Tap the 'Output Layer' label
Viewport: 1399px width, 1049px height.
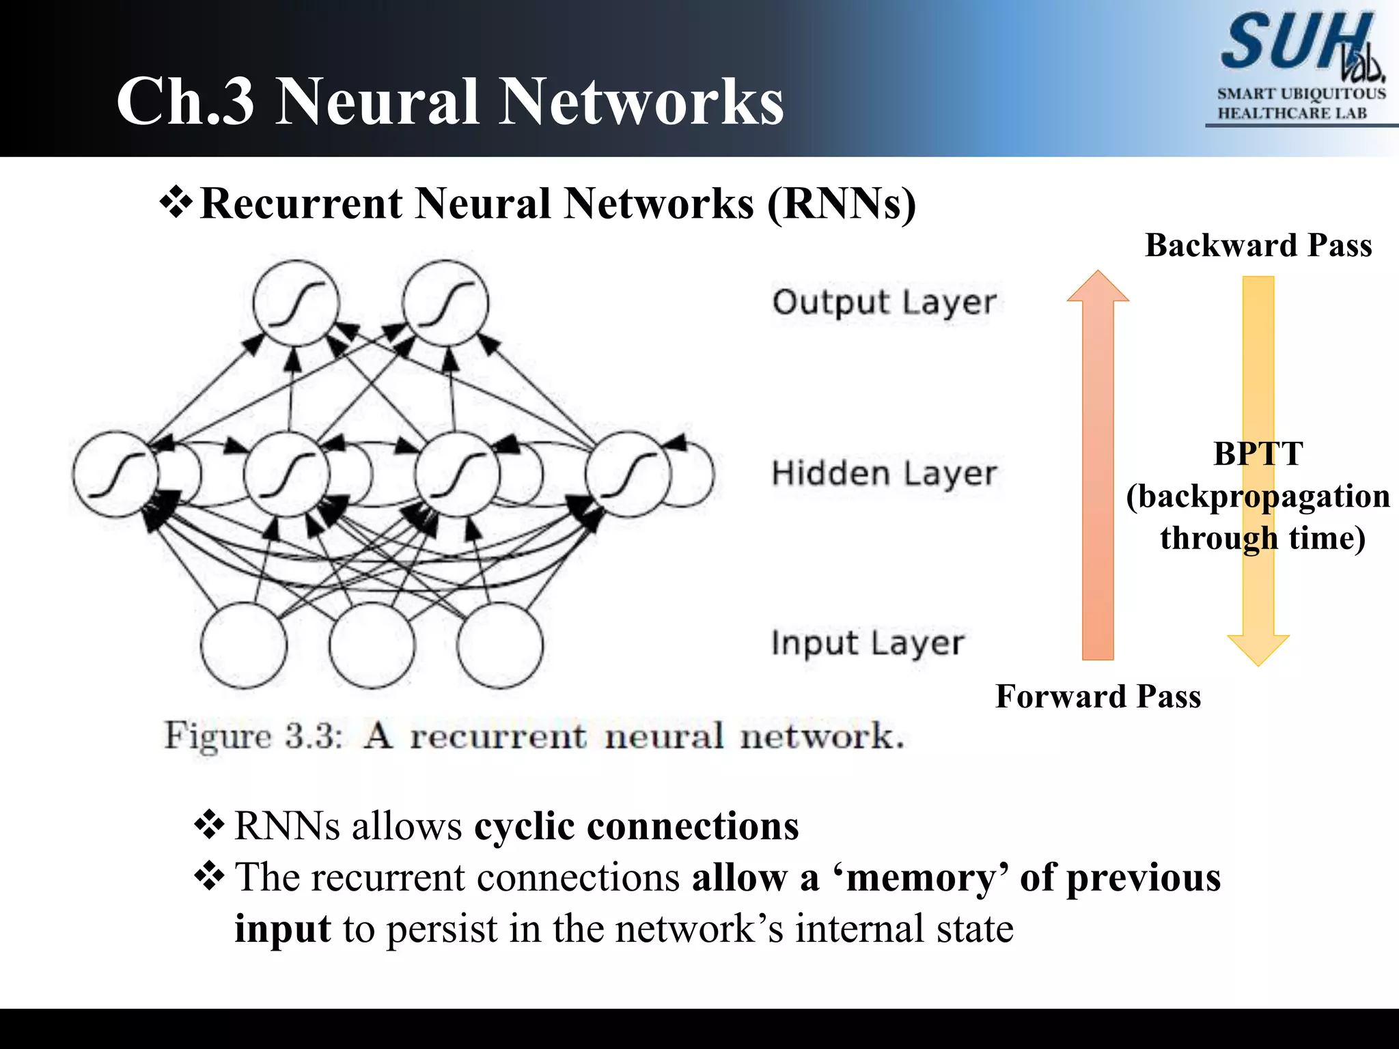[884, 303]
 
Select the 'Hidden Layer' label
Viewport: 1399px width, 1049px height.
[884, 473]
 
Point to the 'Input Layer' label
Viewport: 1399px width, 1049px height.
[868, 643]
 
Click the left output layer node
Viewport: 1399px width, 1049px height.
[296, 303]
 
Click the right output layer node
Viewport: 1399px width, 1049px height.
[445, 303]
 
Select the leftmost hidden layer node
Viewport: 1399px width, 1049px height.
[115, 474]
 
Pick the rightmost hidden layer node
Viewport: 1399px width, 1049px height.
[627, 474]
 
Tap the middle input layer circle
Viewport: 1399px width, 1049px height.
[372, 645]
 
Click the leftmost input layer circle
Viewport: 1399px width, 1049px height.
[243, 645]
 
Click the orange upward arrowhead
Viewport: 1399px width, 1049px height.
[1098, 287]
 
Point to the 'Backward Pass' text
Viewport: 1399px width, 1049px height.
[1258, 245]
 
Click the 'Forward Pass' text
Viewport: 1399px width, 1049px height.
[1098, 697]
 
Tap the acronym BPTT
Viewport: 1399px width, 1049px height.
[1258, 454]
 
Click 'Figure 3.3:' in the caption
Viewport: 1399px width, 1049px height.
[253, 736]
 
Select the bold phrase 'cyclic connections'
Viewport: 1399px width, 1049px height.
[636, 826]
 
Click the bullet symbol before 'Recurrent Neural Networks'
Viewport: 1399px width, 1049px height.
[176, 203]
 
